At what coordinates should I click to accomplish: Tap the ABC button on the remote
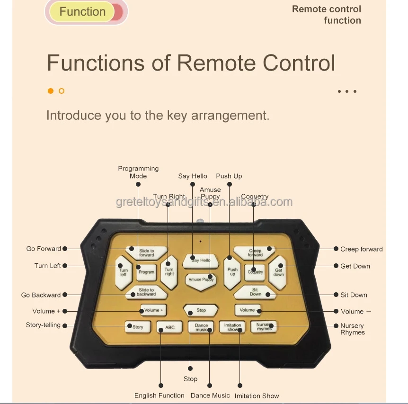(x=169, y=327)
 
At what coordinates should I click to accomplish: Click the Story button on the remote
(x=137, y=327)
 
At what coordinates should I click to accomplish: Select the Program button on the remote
(x=146, y=272)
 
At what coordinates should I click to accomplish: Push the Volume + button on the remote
(x=153, y=310)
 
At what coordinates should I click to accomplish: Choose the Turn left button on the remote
(x=123, y=273)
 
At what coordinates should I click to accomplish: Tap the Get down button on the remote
(x=278, y=272)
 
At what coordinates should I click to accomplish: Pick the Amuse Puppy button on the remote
(x=201, y=279)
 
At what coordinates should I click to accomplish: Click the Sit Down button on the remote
(x=255, y=292)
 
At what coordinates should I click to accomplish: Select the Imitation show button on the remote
(x=232, y=327)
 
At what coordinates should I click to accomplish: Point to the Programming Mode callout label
(x=138, y=172)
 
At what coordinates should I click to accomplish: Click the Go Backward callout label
(x=41, y=295)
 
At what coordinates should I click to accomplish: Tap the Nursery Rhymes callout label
(x=353, y=329)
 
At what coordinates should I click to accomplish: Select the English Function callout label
(x=160, y=395)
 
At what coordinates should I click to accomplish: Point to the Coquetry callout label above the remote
(x=255, y=197)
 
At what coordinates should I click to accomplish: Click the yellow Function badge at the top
(x=83, y=12)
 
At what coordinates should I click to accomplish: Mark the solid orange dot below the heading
(x=51, y=91)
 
